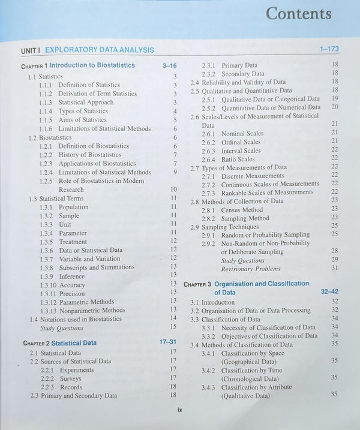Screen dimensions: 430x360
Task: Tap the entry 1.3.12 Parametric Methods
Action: pyautogui.click(x=77, y=302)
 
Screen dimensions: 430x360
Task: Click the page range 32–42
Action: pyautogui.click(x=329, y=291)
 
